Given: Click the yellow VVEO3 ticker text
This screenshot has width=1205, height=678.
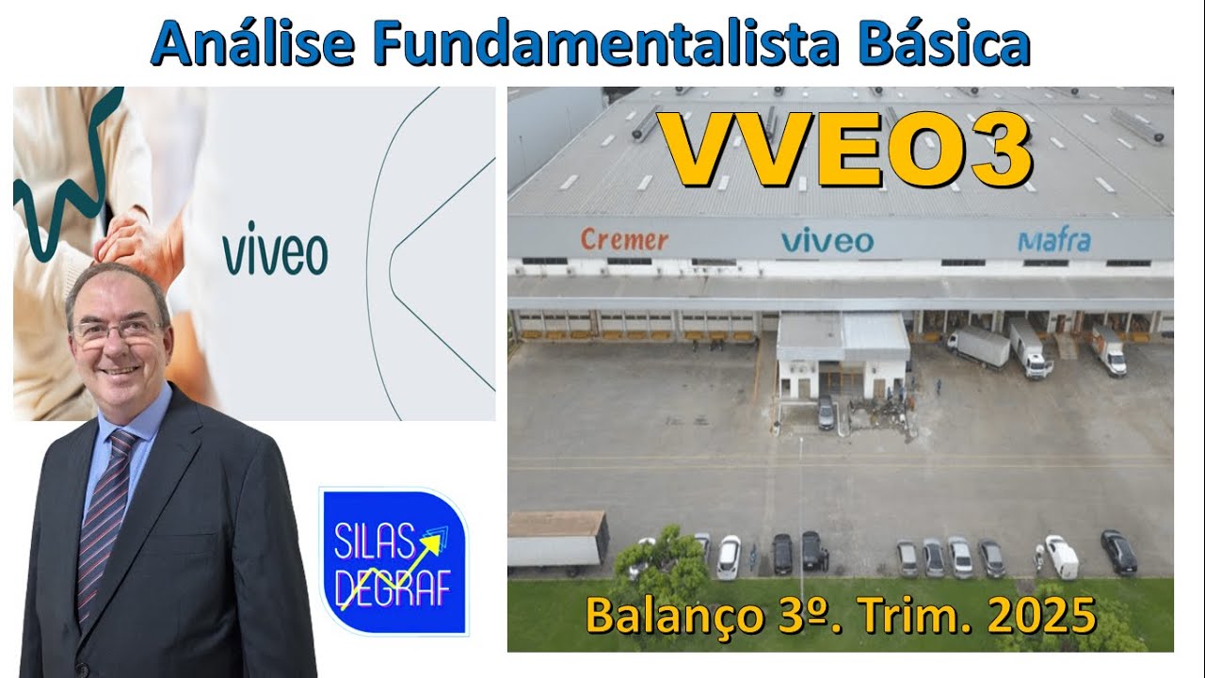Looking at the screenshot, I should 846,152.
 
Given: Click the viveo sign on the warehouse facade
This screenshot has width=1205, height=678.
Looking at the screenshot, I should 827,241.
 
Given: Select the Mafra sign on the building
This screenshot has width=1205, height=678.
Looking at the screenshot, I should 1053,241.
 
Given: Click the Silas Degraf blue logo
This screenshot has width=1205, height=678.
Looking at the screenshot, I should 394,561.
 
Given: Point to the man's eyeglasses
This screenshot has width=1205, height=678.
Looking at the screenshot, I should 117,331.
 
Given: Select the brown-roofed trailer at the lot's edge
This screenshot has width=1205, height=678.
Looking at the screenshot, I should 557,538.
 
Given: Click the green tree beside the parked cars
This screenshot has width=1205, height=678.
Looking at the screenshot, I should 662,564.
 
